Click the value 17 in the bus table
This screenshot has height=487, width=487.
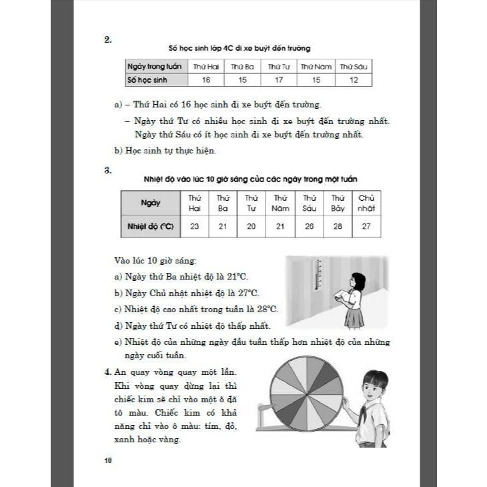(x=279, y=80)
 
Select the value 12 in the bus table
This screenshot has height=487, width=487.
(x=354, y=80)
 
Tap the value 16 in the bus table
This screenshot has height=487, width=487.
(x=205, y=80)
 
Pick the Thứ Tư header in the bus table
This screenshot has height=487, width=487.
(x=279, y=67)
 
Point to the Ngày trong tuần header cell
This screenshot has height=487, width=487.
(x=156, y=67)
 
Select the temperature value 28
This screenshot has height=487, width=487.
(x=338, y=226)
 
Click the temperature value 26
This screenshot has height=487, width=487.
(x=309, y=226)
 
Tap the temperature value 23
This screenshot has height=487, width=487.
(x=194, y=226)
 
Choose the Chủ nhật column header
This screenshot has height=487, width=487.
(x=366, y=203)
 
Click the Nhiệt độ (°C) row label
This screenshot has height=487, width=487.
(x=150, y=226)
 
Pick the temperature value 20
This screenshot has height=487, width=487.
(x=252, y=226)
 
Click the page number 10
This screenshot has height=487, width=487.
(x=108, y=460)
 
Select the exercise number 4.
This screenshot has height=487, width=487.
(x=109, y=372)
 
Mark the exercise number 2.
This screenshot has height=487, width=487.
(x=107, y=39)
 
